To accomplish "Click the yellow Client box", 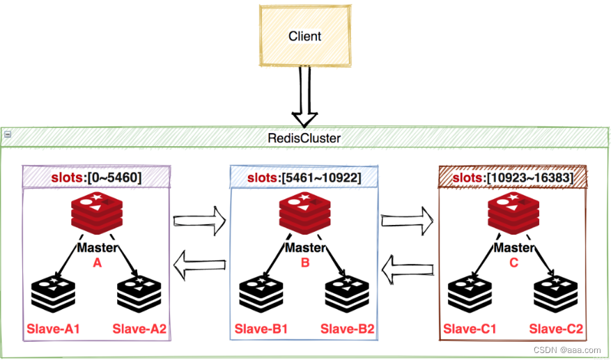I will [304, 36].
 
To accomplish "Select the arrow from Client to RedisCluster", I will [304, 97].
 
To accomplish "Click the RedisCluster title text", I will [304, 138].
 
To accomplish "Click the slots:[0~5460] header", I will [96, 178].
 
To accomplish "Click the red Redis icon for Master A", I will [97, 214].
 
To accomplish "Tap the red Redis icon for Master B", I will [304, 214].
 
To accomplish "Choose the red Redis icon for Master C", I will [513, 214].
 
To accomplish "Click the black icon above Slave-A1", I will [53, 295].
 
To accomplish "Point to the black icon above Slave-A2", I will [139, 295].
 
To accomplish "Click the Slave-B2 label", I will [347, 329].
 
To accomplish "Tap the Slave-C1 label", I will [470, 329].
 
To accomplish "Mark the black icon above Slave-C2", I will [555, 295].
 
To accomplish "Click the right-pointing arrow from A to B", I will [200, 222].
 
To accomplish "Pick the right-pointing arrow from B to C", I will [408, 222].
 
